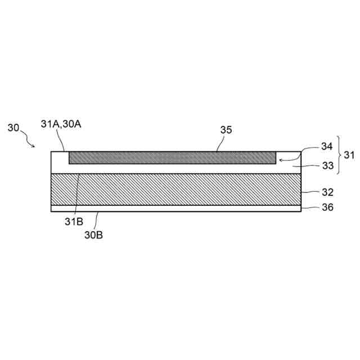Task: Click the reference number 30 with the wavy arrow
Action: (x=13, y=128)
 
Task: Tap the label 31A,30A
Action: (x=61, y=124)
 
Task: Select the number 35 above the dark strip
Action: (x=226, y=130)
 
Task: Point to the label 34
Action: (x=327, y=146)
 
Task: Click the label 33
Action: (x=327, y=165)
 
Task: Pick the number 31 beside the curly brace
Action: (x=349, y=155)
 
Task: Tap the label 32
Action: (x=327, y=192)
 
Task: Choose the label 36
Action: (x=327, y=208)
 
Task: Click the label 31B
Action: (x=74, y=222)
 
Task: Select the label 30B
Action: (x=93, y=235)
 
